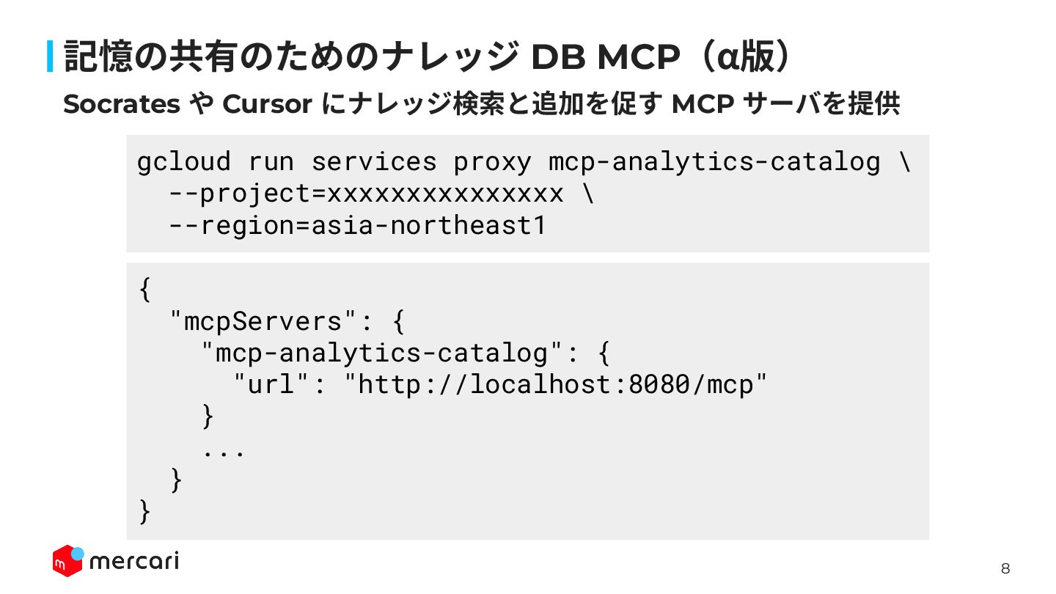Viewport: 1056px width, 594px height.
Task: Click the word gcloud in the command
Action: (x=183, y=161)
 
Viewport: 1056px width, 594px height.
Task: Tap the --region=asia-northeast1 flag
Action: (x=357, y=225)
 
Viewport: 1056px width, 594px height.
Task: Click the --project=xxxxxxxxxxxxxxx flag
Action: (x=365, y=194)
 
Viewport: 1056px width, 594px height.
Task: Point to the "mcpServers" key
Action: (x=265, y=321)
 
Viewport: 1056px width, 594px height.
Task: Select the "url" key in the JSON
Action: (x=271, y=384)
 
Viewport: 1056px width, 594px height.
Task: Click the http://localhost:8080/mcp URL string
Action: (x=557, y=384)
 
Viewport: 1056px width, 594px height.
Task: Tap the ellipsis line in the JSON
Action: (x=224, y=449)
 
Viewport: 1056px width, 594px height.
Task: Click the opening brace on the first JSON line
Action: (x=144, y=289)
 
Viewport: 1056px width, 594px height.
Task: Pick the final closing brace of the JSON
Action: (x=144, y=511)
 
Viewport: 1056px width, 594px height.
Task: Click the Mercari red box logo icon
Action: (x=67, y=561)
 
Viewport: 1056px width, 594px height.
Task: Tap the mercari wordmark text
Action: (x=133, y=562)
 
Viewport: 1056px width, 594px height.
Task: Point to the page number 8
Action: (x=1005, y=568)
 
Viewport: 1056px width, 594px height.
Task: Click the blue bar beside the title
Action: (x=51, y=56)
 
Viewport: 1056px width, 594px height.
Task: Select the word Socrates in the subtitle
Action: (x=121, y=105)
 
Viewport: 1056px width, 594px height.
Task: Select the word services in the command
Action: (x=374, y=161)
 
